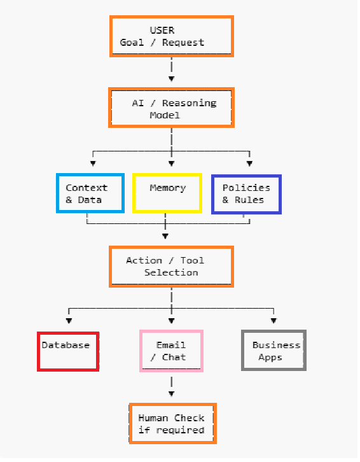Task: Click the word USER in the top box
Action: [x=162, y=31]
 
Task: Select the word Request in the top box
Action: [x=183, y=43]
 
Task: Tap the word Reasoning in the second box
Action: [x=189, y=104]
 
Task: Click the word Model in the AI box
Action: [x=165, y=115]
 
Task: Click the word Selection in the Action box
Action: [x=171, y=272]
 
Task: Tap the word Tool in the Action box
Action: [x=192, y=260]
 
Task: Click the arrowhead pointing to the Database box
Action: [x=69, y=321]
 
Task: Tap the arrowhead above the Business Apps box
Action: [x=273, y=321]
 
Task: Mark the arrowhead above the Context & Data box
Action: [x=93, y=164]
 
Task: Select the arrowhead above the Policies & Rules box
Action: [x=249, y=164]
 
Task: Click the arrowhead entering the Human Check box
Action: [x=172, y=394]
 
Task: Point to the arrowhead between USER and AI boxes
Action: [x=172, y=79]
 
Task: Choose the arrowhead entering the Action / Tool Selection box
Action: [x=165, y=236]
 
